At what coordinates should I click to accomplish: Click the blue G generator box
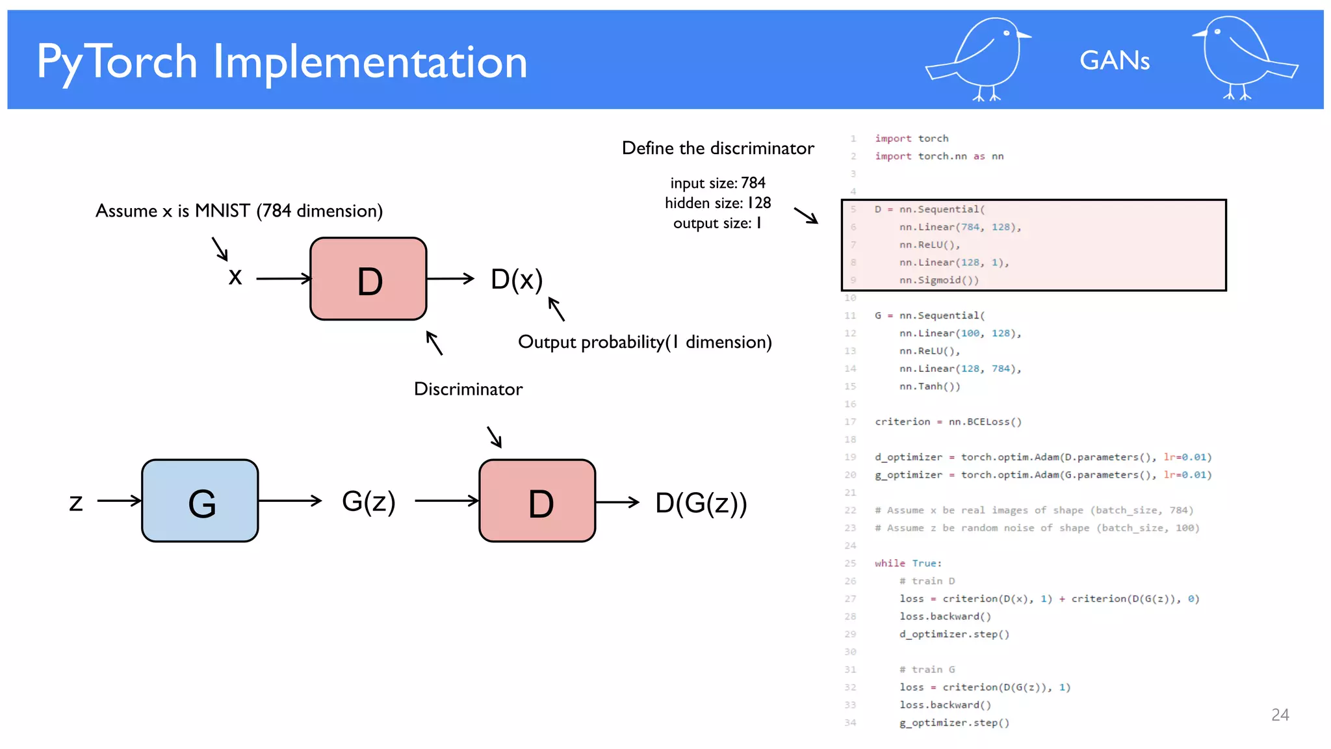pyautogui.click(x=200, y=501)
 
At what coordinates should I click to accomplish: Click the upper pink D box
pyautogui.click(x=368, y=279)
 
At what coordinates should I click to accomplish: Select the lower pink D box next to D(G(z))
pyautogui.click(x=537, y=501)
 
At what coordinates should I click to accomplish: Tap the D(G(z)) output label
pyautogui.click(x=701, y=503)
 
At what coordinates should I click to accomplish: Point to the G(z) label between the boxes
pyautogui.click(x=368, y=501)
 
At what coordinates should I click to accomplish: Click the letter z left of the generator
pyautogui.click(x=76, y=502)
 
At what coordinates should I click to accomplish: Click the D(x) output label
pyautogui.click(x=517, y=280)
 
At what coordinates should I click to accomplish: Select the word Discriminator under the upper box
pyautogui.click(x=468, y=389)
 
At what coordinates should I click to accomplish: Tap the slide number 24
pyautogui.click(x=1280, y=715)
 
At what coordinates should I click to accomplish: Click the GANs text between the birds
pyautogui.click(x=1114, y=60)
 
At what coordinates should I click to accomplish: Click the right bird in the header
pyautogui.click(x=1243, y=59)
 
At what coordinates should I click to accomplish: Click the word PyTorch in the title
pyautogui.click(x=117, y=62)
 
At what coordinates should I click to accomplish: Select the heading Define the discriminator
pyautogui.click(x=717, y=148)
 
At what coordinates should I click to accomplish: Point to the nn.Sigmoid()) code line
pyautogui.click(x=938, y=280)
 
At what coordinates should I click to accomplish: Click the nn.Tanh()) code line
pyautogui.click(x=929, y=386)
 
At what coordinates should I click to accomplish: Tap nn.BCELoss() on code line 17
pyautogui.click(x=985, y=422)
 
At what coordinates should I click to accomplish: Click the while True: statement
pyautogui.click(x=908, y=563)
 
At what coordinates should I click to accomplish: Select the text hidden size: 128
pyautogui.click(x=717, y=203)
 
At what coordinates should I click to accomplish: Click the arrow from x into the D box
pyautogui.click(x=283, y=279)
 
